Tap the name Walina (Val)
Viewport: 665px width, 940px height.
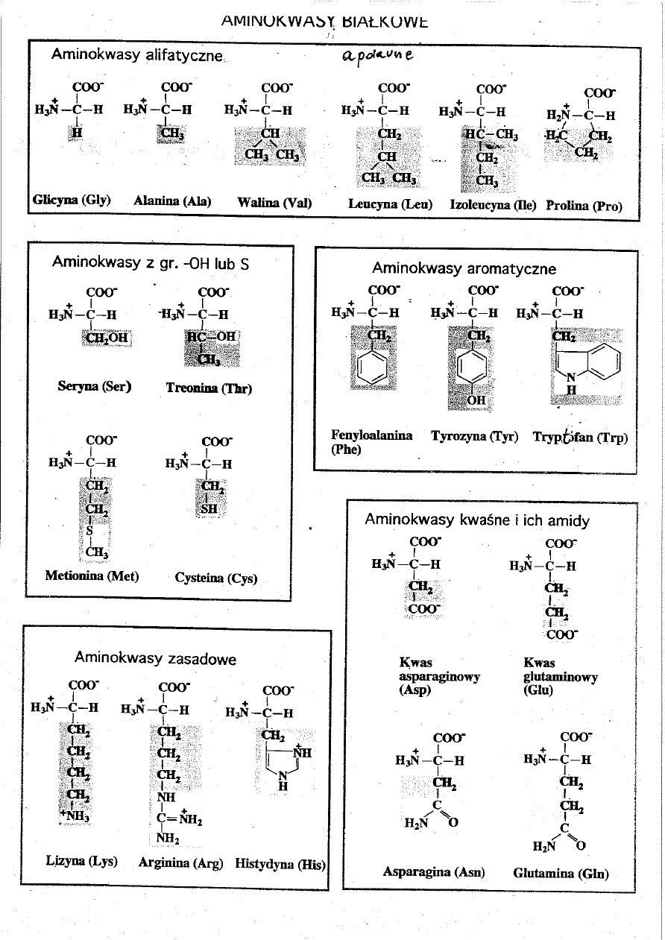pos(274,202)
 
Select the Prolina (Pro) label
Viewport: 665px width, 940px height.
pos(584,205)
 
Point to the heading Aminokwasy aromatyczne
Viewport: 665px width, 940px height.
pos(464,268)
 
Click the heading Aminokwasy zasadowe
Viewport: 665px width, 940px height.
pos(155,658)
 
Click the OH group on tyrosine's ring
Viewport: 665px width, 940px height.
pos(476,401)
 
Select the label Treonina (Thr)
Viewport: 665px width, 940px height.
pos(209,388)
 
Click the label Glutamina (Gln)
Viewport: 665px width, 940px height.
pos(561,873)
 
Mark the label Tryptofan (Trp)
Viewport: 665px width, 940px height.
pos(580,437)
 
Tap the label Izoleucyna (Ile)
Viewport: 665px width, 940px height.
pos(493,204)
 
